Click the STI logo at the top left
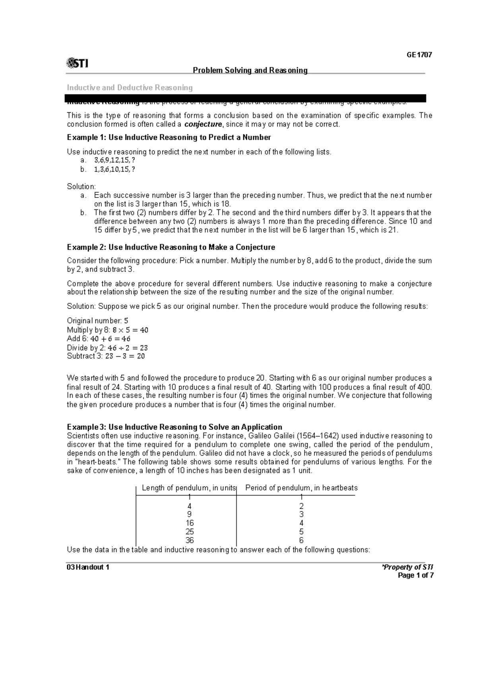tap(78, 63)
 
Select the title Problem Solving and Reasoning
tap(250, 70)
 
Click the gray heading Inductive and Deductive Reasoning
tap(130, 88)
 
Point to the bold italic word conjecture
tap(204, 124)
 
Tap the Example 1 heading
tap(169, 137)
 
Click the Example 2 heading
tap(171, 247)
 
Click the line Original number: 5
tap(97, 321)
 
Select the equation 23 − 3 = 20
tap(125, 356)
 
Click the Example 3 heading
tap(175, 427)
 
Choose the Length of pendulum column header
tap(188, 488)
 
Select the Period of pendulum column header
tap(301, 488)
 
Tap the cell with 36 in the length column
tap(190, 541)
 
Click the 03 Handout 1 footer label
tap(88, 567)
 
